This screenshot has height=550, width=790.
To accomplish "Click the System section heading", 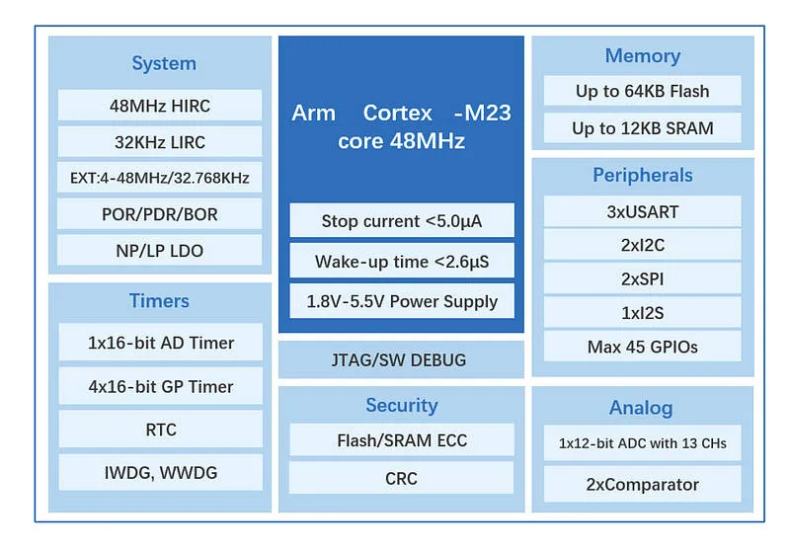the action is [x=164, y=63].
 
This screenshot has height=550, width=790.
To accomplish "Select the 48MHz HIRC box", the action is [x=160, y=106].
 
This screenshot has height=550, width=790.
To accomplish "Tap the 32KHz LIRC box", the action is [x=160, y=141].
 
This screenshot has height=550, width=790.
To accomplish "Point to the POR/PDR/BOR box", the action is [x=160, y=213].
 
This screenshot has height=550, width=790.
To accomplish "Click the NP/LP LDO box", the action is [x=160, y=250].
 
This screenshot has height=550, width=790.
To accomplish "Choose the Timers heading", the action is [x=159, y=301].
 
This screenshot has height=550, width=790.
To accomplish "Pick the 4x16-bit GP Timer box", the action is [x=161, y=386].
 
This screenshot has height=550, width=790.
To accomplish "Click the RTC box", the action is [x=161, y=430].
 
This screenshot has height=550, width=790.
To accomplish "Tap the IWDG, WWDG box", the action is [x=161, y=472].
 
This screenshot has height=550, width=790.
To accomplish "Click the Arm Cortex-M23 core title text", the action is [x=402, y=127].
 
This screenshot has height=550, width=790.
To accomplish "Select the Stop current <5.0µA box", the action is [x=402, y=220].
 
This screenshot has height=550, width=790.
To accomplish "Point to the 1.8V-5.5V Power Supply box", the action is [x=402, y=301].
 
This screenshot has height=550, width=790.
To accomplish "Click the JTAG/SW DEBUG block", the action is [x=401, y=359].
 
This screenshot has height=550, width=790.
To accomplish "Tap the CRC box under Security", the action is [x=402, y=478].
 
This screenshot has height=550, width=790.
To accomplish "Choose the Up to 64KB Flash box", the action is [x=643, y=91].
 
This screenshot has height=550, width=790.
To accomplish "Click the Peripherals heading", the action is [x=643, y=176].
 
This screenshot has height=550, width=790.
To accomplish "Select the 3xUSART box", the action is [x=643, y=211].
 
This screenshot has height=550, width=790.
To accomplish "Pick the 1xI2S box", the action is [x=643, y=313].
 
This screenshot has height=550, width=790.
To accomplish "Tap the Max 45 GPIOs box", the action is [x=643, y=347].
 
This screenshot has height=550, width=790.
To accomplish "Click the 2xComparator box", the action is [x=643, y=484].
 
